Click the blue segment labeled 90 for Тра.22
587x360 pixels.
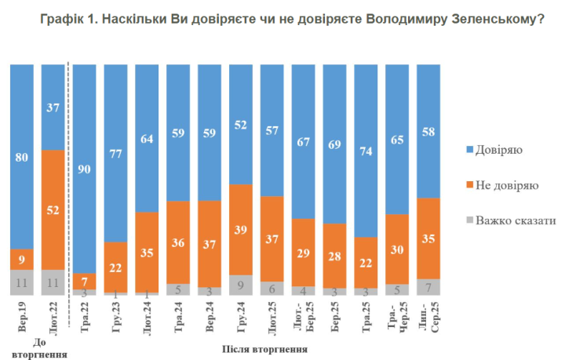coord(84,168)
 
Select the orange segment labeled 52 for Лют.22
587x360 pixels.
coord(53,209)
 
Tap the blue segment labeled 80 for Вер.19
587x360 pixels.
coord(21,156)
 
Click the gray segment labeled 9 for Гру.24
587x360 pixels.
coord(241,284)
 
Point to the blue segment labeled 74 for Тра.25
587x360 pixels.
coord(366,150)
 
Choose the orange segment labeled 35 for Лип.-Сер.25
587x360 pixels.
coord(428,238)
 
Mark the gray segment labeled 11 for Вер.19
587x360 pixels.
coord(21,282)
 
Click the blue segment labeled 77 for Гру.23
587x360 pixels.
coord(115,153)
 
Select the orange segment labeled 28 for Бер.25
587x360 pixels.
coord(335,255)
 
